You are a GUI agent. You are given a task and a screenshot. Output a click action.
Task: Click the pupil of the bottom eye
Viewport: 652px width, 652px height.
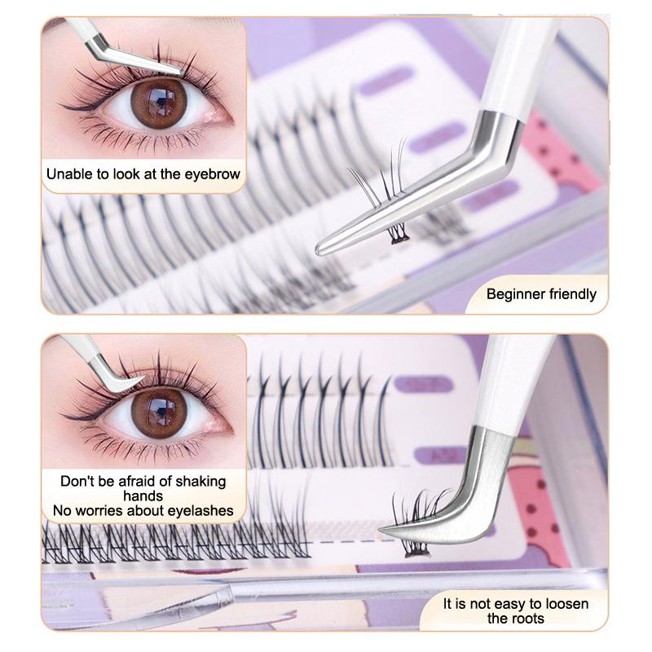(x=158, y=409)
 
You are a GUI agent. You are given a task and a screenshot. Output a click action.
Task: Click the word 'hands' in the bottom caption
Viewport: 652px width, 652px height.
(x=143, y=496)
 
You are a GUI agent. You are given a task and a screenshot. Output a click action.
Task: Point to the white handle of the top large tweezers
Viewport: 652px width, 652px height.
(x=522, y=57)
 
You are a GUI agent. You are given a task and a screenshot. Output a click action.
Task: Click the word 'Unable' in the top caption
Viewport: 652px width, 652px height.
(x=68, y=174)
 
